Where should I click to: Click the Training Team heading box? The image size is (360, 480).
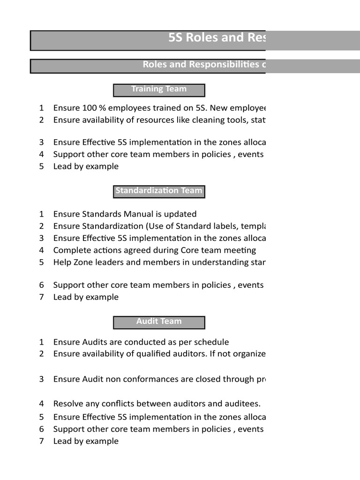(x=159, y=90)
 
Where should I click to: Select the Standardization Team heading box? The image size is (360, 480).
(x=159, y=191)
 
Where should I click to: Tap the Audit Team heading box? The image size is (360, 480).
(x=159, y=322)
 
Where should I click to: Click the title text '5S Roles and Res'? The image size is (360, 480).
(x=217, y=38)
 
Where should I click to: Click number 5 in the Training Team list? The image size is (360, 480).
(x=42, y=166)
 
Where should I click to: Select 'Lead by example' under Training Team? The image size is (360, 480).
(x=86, y=166)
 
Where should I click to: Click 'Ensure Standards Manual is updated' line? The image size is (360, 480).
(x=125, y=214)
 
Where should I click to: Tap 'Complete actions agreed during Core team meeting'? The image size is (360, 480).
(x=155, y=250)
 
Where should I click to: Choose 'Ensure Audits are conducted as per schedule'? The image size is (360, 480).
(x=141, y=342)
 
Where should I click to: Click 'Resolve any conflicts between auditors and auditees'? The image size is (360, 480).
(x=157, y=404)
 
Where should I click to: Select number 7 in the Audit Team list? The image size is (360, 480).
(x=42, y=441)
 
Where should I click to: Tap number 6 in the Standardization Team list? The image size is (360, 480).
(x=42, y=285)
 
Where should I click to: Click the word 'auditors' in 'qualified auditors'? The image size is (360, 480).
(x=188, y=354)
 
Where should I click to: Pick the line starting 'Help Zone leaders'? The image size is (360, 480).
(x=159, y=262)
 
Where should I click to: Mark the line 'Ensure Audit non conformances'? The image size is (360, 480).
(x=159, y=379)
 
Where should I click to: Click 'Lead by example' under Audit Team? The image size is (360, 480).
(x=86, y=441)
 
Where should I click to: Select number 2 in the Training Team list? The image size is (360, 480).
(x=42, y=120)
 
